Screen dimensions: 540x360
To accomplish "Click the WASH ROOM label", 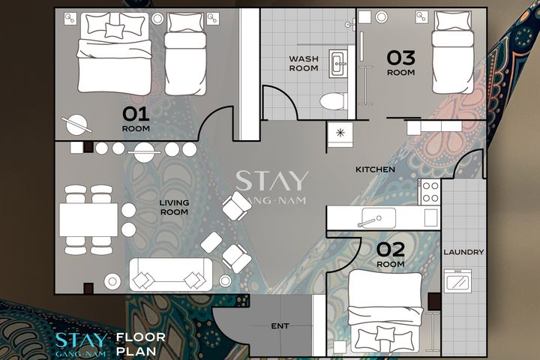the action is pyautogui.click(x=304, y=64).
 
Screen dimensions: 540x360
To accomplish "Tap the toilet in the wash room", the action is pyautogui.click(x=333, y=101).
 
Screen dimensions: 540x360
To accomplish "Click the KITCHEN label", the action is pyautogui.click(x=375, y=169).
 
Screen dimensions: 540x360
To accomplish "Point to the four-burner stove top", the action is pyautogui.click(x=430, y=192).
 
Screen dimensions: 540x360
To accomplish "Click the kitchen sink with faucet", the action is pyautogui.click(x=378, y=218).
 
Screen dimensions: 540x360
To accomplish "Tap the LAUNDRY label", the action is pyautogui.click(x=463, y=252).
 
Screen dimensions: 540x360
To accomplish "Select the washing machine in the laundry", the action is pyautogui.click(x=457, y=280).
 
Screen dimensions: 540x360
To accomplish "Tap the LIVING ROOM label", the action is pyautogui.click(x=174, y=208).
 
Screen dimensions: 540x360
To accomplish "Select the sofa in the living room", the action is pyautogui.click(x=171, y=274).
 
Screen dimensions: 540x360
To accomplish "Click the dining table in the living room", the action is pyautogui.click(x=88, y=220).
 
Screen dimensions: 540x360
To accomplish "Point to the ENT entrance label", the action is pyautogui.click(x=280, y=326).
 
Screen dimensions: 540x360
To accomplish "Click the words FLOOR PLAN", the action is pyautogui.click(x=141, y=344).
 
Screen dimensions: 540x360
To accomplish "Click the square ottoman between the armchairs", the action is pyautogui.click(x=211, y=242).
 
